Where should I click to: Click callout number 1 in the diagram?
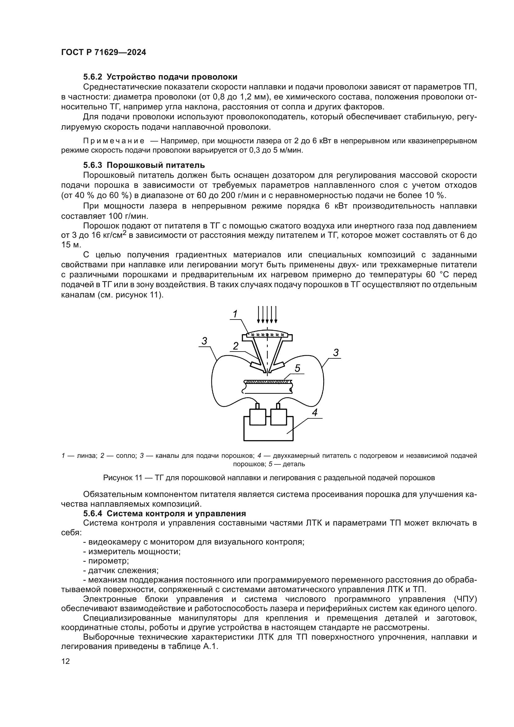235,315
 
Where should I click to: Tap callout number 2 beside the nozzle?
236,346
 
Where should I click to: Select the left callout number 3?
204,341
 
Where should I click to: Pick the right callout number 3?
336,352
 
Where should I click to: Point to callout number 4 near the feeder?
314,413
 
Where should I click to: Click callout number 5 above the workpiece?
297,368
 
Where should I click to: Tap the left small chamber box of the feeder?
258,417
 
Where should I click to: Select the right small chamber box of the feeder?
278,417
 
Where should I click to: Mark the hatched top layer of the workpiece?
268,382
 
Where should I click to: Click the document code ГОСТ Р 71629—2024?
103,53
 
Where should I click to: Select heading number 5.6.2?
93,77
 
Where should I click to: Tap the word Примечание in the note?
114,141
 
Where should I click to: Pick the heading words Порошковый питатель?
156,165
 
